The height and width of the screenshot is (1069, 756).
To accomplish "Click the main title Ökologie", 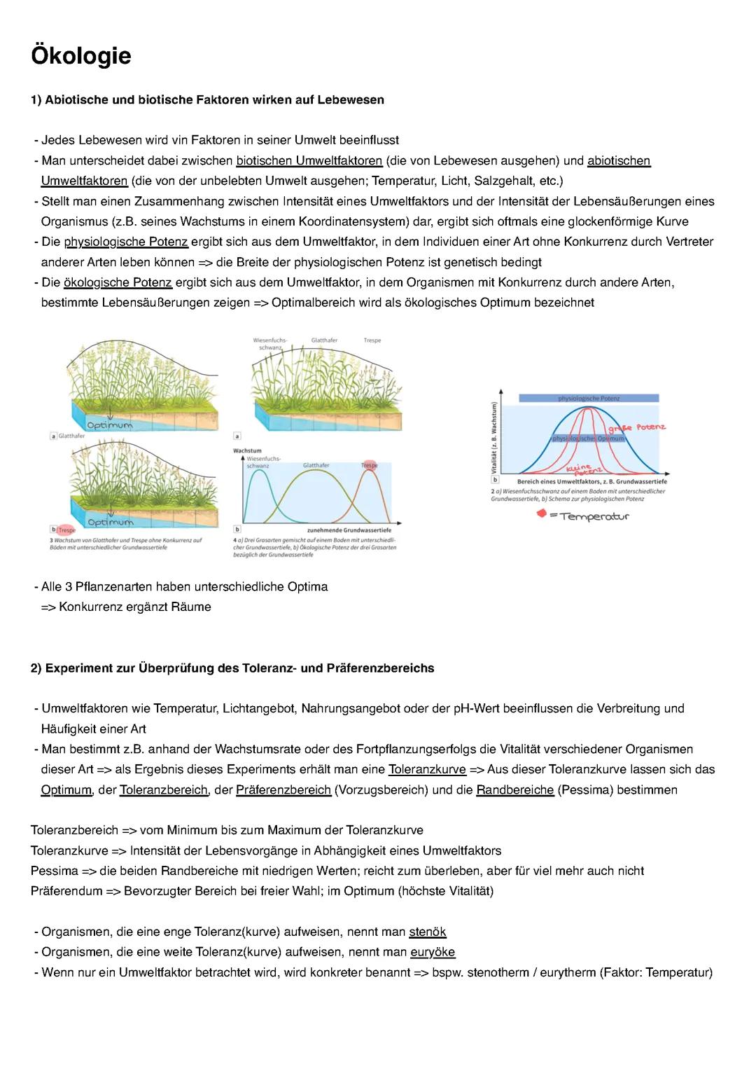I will tap(81, 55).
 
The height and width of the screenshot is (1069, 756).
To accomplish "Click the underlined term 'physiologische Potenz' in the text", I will tap(126, 242).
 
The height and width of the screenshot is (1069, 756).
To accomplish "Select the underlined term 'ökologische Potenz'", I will tap(118, 282).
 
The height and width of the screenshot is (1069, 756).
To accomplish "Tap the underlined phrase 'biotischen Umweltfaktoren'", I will tap(309, 160).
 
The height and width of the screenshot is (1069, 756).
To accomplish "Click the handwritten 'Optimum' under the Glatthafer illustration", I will tap(110, 425).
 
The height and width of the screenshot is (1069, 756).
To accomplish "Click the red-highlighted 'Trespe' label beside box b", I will tap(66, 530).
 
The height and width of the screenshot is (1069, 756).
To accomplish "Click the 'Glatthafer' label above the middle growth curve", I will tap(316, 465).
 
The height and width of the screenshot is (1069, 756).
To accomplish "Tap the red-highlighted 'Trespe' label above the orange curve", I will tap(369, 465).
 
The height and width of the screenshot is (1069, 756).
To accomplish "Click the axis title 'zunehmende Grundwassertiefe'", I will tap(349, 531).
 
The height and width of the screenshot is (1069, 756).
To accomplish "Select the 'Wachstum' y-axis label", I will tap(247, 450).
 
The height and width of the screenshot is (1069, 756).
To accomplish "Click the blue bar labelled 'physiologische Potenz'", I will tap(589, 398).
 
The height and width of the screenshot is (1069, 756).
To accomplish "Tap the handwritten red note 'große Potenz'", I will tap(636, 427).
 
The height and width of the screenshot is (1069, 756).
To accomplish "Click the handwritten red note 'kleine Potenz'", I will tap(579, 470).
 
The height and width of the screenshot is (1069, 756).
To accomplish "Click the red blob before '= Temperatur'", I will tap(541, 514).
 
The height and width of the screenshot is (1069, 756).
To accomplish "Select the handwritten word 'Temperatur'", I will tap(594, 516).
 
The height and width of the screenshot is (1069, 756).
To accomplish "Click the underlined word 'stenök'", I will tap(427, 932).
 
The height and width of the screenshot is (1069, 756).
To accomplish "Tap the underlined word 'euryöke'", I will tap(433, 952).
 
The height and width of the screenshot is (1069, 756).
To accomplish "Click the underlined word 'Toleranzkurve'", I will tap(427, 769).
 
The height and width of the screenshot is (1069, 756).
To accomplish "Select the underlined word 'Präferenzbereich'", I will tap(283, 789).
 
